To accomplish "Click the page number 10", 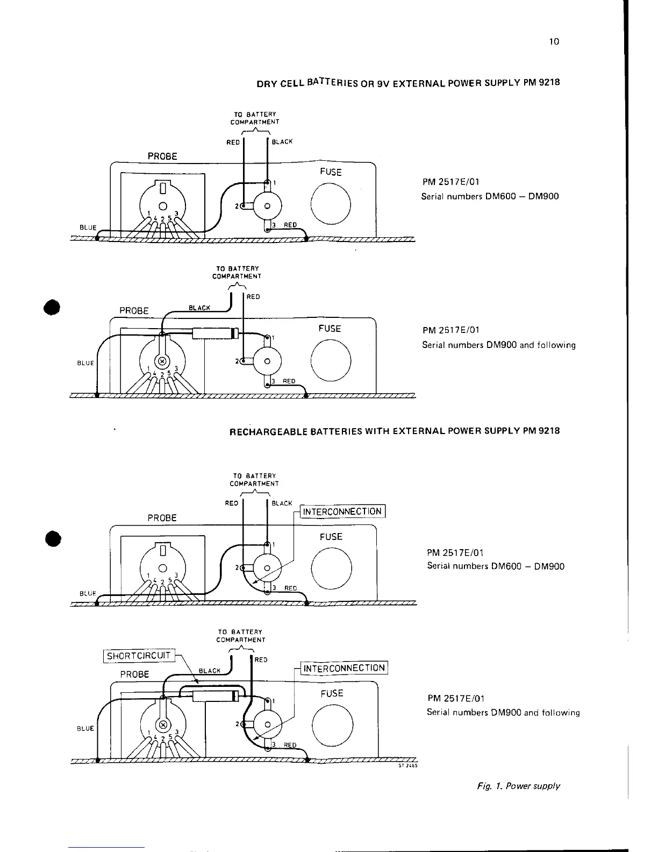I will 555,41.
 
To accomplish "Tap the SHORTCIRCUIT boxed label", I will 139,656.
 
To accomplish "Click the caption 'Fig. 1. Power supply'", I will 518,786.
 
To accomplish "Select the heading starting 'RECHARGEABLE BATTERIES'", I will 395,431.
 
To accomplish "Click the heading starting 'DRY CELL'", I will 408,83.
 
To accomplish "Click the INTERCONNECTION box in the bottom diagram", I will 344,668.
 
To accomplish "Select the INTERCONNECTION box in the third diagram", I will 342,512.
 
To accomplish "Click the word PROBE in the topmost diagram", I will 162,157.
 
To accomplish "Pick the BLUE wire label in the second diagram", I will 85,363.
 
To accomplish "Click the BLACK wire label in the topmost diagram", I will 282,142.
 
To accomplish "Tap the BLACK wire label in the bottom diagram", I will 210,671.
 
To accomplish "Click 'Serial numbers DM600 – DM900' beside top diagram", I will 490,196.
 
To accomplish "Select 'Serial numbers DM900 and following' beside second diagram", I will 498,345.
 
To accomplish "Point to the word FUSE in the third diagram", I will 331,536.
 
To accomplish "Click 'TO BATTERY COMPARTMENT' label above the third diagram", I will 254,480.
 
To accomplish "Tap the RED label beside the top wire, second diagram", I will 253,297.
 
